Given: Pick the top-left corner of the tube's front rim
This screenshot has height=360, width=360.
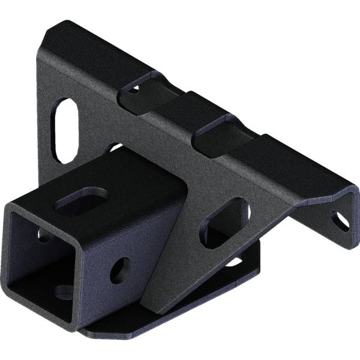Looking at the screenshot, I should [x=8, y=207].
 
